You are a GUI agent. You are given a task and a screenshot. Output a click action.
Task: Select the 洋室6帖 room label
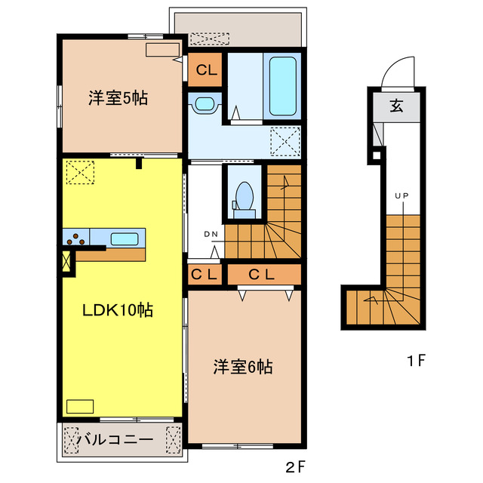(242, 368)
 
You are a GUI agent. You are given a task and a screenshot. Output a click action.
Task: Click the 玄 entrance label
(396, 106)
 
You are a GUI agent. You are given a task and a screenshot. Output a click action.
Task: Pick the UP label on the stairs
(401, 197)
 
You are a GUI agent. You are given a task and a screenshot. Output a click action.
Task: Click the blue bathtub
(283, 85)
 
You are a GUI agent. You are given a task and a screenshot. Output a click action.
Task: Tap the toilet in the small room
(243, 195)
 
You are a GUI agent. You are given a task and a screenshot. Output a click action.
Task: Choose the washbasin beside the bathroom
(205, 104)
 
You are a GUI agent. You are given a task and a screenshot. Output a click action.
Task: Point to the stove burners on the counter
(76, 241)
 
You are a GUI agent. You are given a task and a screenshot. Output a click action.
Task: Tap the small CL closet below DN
(205, 274)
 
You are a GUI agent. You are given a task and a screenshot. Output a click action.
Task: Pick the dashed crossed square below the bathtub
(285, 140)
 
